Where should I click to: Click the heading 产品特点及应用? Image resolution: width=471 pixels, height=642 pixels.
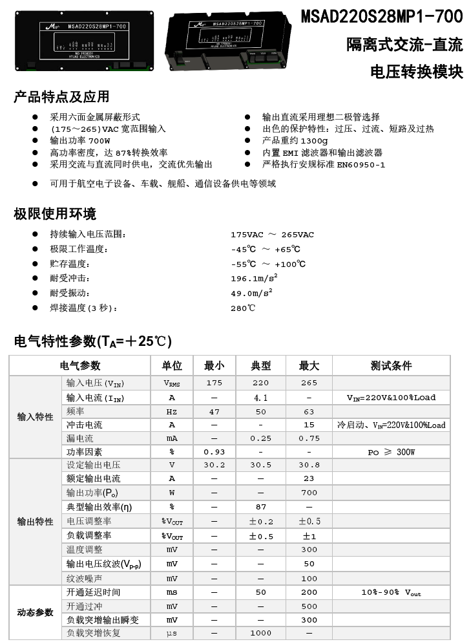[x=61, y=98]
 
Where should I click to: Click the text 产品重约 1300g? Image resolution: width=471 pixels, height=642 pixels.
[x=295, y=141]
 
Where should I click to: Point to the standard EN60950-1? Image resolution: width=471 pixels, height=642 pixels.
[x=361, y=165]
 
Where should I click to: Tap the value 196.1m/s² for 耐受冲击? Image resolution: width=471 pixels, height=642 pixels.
[x=254, y=279]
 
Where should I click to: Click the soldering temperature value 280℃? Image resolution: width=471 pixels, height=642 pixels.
[x=243, y=308]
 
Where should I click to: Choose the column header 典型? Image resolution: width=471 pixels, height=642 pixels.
[x=261, y=366]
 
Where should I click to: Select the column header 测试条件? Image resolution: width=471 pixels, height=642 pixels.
[x=391, y=366]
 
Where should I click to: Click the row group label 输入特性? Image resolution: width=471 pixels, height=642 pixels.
[x=35, y=417]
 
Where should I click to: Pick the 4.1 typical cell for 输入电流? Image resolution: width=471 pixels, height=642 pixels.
[x=261, y=398]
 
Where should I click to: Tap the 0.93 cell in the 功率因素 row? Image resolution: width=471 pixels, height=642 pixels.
[x=214, y=452]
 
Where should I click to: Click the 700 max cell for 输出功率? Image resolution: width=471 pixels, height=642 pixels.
[x=309, y=493]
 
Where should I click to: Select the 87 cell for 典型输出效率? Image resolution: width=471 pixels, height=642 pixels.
[x=261, y=507]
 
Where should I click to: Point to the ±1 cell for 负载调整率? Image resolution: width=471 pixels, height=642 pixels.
[x=309, y=536]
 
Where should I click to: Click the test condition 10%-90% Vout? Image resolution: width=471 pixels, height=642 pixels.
[x=391, y=593]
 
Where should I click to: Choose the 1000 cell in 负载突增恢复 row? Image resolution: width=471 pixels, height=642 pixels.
[x=261, y=634]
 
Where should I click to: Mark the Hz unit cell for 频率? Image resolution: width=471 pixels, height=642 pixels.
[x=172, y=412]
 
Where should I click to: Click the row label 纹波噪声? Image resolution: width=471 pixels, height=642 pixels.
[x=84, y=579]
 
